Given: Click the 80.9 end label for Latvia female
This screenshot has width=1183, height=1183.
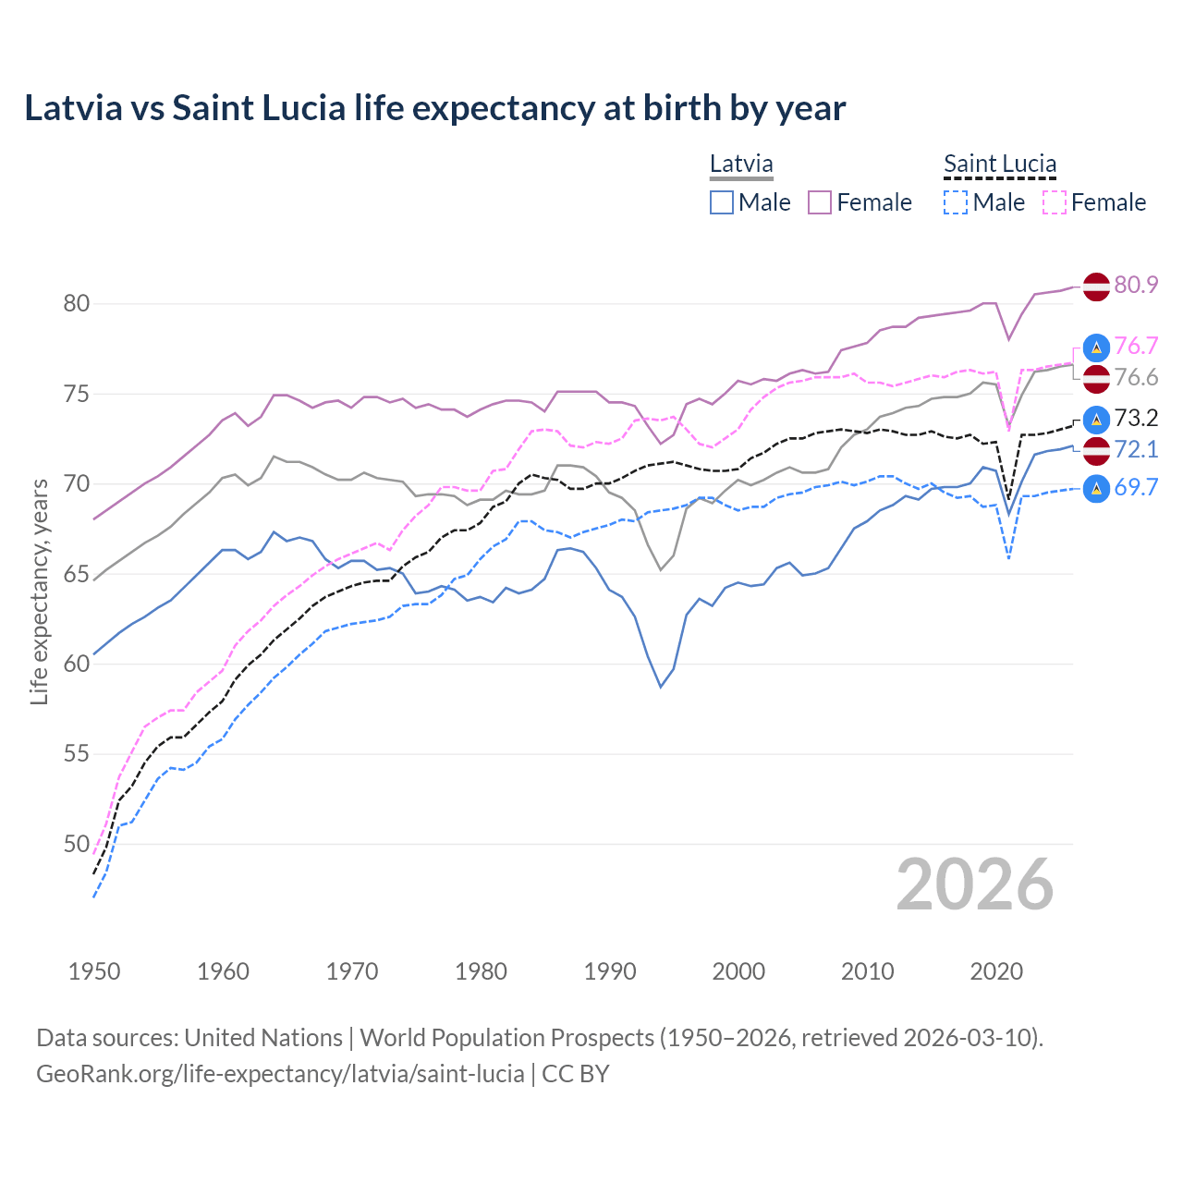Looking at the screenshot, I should pos(1136,285).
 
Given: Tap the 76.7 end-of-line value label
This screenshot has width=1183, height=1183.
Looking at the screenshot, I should pos(1136,346).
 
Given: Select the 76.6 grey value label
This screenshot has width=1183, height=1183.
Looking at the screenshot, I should pos(1136,377).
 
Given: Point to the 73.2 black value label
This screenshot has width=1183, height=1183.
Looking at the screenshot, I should pos(1136,418).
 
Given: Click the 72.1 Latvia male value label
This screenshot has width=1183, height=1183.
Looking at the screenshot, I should pos(1136,449).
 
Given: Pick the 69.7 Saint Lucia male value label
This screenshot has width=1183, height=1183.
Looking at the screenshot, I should pos(1136,487).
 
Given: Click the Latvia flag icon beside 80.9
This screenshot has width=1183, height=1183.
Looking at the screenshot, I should pos(1096,286).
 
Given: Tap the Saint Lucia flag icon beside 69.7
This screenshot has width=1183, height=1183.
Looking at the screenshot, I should pos(1096,488).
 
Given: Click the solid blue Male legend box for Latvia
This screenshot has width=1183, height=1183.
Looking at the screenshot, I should pos(722,202).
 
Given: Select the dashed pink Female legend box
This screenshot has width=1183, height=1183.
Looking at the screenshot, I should pos(1055,202).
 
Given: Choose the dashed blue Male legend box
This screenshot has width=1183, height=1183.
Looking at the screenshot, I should pos(956,202).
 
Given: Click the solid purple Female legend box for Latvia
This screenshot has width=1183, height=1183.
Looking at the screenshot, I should pos(820,202).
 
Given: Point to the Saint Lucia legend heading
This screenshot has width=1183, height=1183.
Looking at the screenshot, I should pos(1000,165).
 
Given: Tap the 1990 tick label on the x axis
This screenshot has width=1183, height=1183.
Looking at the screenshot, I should pos(610,971).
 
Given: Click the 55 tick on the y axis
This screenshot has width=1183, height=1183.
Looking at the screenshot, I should pos(77,754).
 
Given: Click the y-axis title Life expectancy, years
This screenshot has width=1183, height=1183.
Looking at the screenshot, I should pos(40,591).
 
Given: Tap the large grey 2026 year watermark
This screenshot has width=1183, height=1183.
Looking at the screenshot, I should pos(975,884).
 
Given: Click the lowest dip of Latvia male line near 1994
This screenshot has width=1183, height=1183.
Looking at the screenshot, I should pos(661,687).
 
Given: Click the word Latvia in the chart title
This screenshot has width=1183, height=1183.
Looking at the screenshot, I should pos(73,108).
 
